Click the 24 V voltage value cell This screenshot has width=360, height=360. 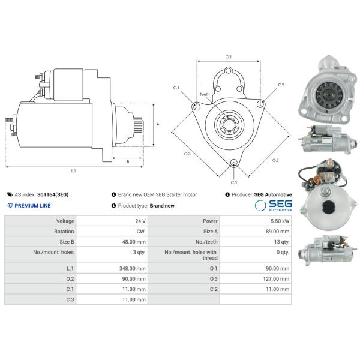[140, 221]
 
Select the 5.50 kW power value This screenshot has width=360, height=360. [280, 221]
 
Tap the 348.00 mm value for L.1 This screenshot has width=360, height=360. [132, 268]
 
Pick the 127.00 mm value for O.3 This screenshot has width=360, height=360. [276, 279]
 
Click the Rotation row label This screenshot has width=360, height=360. [64, 232]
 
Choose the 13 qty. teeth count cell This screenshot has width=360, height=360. [282, 242]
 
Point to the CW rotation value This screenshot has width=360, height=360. [140, 232]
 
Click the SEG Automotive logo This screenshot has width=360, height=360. [273, 205]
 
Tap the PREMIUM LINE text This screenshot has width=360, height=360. [32, 206]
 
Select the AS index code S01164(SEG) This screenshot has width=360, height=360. [53, 194]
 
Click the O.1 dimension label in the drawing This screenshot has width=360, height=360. [229, 57]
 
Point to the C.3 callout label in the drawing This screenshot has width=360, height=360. [234, 182]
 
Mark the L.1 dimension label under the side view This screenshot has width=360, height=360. [73, 170]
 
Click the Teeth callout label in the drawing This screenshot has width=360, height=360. [205, 94]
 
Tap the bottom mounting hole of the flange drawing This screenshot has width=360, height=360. [234, 163]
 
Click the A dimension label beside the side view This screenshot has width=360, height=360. [158, 124]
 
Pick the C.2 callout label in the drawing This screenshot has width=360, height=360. [281, 85]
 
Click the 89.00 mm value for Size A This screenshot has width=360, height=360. [278, 232]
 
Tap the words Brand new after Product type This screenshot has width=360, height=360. [162, 206]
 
